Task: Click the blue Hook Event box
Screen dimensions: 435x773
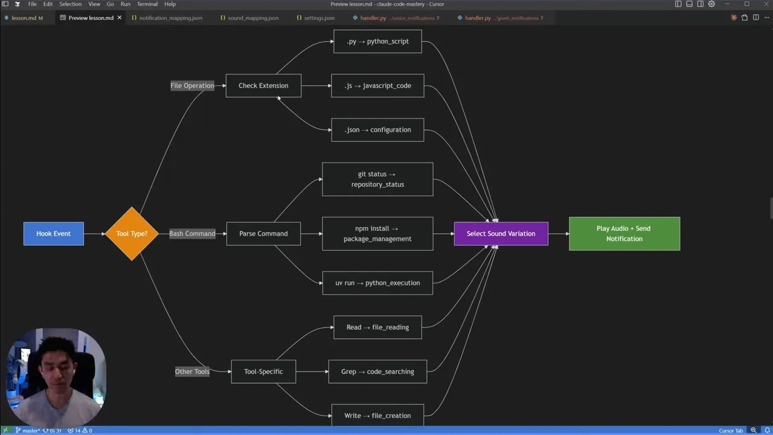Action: [53, 234]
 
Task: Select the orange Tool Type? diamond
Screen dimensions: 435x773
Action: [132, 234]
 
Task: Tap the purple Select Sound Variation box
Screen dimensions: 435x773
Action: [501, 234]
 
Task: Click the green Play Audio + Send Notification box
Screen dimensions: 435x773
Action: [624, 234]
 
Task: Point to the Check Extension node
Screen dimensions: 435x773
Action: [263, 86]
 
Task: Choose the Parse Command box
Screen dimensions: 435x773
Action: [263, 234]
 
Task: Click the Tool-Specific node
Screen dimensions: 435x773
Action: [263, 372]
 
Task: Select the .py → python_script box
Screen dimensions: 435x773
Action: [377, 42]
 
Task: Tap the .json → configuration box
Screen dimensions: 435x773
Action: [377, 130]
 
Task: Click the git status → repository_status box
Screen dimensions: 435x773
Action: [377, 179]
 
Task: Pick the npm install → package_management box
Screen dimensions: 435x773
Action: [377, 234]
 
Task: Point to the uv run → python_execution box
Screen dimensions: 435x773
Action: [377, 283]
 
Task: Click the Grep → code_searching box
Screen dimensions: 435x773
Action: [377, 372]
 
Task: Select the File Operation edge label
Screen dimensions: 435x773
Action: [192, 86]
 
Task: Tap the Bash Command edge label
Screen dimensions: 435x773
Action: [192, 234]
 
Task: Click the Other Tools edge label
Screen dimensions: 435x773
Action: [192, 372]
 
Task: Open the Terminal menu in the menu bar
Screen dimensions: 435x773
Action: [147, 4]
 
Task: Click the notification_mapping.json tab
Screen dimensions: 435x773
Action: [170, 18]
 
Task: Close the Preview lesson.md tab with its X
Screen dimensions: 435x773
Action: [119, 18]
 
